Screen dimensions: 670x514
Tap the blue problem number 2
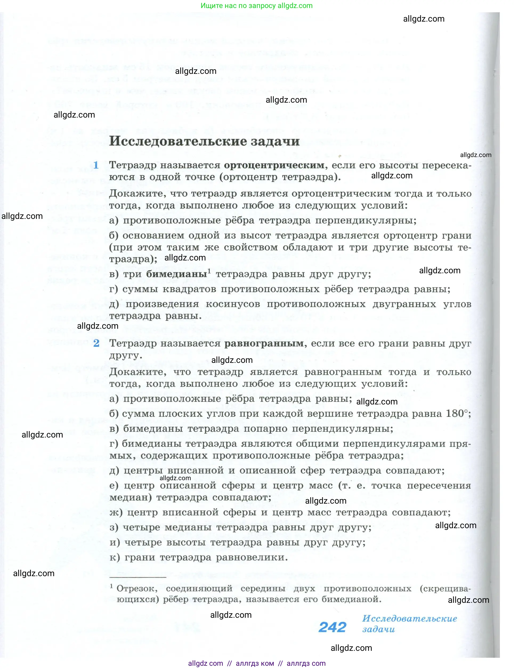coord(96,343)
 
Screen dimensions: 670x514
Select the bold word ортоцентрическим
coord(274,165)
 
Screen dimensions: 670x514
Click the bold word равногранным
coord(264,343)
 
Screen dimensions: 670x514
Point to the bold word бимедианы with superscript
coord(177,274)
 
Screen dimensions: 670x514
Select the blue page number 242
coord(332,627)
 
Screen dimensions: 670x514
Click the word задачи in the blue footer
coord(378,629)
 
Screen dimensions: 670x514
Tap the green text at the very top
coord(256,6)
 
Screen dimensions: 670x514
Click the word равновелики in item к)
coord(252,557)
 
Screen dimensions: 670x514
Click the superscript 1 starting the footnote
coord(111,586)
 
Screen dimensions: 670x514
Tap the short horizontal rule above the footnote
coord(138,577)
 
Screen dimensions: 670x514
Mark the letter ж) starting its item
coord(116,512)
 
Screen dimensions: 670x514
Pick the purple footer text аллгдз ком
coord(255,663)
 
